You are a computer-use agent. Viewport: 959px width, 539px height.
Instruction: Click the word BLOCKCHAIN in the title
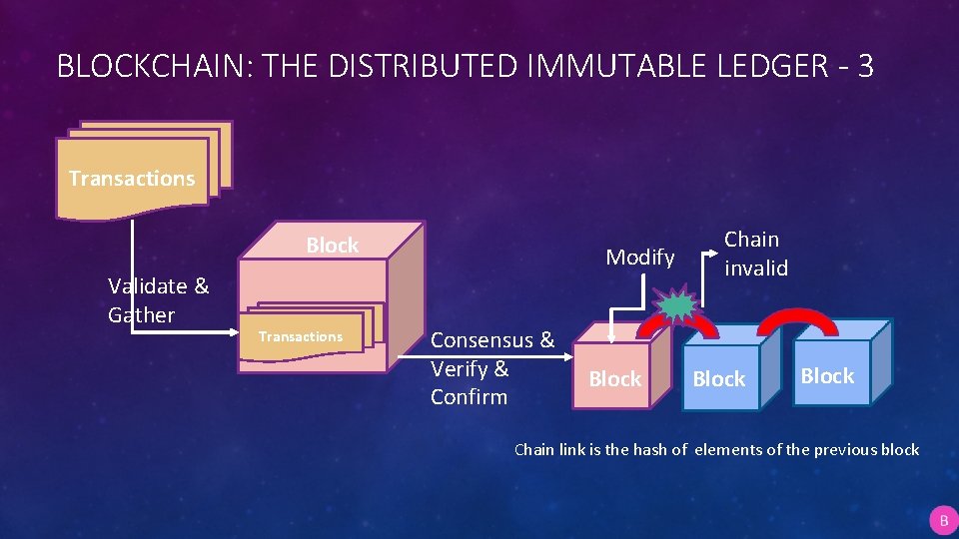(x=147, y=66)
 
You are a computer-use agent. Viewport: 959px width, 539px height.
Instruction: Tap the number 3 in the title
(x=865, y=66)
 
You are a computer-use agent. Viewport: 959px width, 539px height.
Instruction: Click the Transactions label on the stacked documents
(x=132, y=179)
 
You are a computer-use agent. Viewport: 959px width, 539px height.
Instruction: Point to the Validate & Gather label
(x=158, y=300)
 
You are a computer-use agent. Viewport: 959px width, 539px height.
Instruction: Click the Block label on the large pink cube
(x=332, y=246)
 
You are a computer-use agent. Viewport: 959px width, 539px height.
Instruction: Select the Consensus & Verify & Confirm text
(x=490, y=367)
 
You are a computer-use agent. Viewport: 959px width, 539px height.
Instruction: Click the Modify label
(x=640, y=258)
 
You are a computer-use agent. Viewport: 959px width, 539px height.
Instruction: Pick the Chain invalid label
(x=756, y=254)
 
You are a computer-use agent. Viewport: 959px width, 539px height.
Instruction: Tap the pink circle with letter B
(x=942, y=521)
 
